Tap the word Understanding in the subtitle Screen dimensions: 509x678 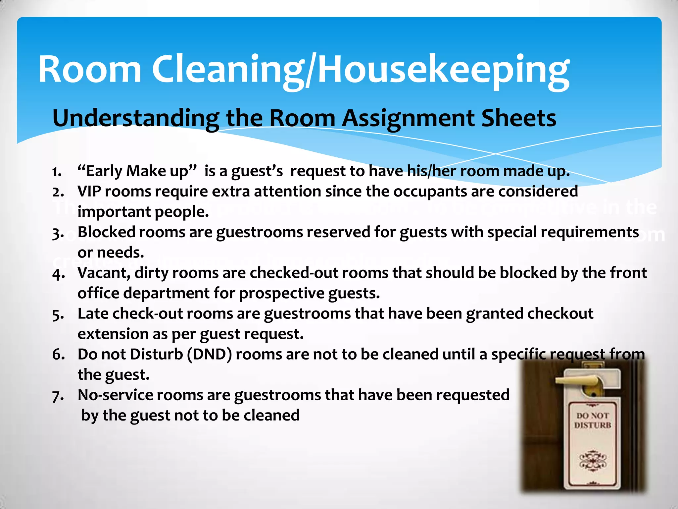point(135,119)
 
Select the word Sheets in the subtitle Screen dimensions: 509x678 point(518,119)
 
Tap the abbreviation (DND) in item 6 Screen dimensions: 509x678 point(209,355)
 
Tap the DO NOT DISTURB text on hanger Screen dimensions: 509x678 point(592,420)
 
